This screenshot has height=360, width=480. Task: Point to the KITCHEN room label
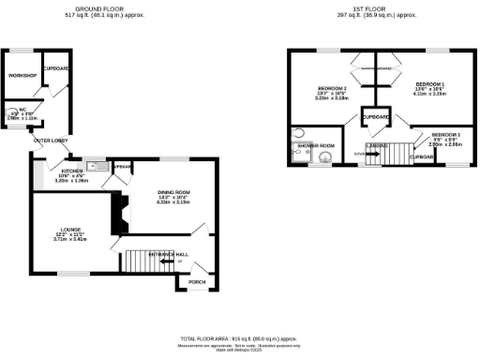[x=72, y=172]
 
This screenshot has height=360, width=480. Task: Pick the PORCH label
[x=197, y=281]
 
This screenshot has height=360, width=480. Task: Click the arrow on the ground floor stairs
[x=166, y=262]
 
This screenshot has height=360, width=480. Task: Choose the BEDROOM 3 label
[x=445, y=134]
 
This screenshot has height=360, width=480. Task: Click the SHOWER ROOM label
[x=316, y=145]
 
